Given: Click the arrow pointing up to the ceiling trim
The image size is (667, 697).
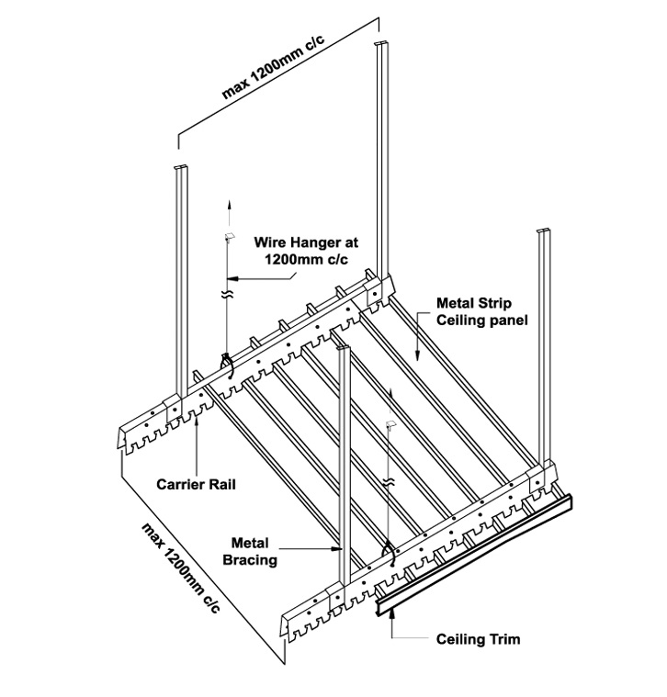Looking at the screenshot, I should tap(393, 624).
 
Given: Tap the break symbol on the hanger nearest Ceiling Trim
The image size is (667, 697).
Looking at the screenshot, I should tap(390, 481).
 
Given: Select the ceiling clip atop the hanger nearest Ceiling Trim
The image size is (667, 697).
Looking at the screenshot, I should tap(391, 423).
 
